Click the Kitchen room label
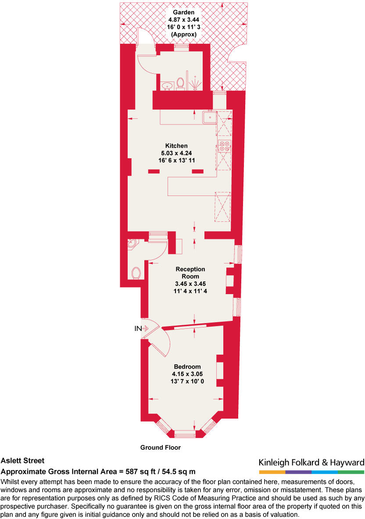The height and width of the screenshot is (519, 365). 176,146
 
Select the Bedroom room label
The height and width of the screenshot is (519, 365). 187,367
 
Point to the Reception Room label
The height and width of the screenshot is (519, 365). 190,273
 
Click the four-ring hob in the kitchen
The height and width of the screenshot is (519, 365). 224,146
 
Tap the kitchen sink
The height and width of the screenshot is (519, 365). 210,117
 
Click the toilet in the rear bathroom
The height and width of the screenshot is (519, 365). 180,83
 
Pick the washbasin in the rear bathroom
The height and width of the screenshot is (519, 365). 166,85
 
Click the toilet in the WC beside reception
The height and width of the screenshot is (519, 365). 136,273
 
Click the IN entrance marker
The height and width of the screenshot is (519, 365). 138,328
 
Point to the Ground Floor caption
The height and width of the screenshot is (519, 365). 161,448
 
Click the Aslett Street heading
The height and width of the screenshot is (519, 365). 22,461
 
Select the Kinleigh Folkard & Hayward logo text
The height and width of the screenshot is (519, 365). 311,462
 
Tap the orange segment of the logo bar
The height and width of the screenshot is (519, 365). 272,472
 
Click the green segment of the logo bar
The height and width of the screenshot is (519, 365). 351,472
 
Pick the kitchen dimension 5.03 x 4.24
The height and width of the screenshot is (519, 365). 176,153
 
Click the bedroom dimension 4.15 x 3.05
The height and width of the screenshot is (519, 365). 187,374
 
